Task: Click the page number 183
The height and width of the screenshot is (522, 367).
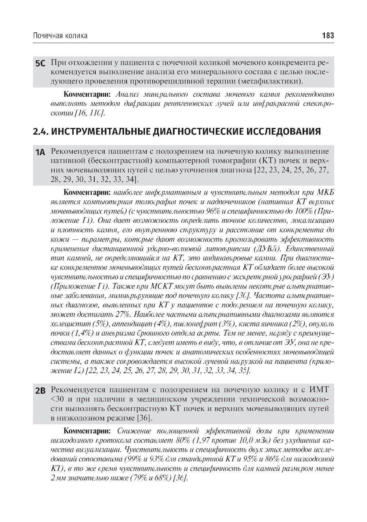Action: click(x=328, y=36)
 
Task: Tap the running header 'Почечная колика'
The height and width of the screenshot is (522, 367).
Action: click(x=60, y=36)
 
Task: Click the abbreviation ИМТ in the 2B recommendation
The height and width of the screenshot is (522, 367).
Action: click(x=319, y=389)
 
